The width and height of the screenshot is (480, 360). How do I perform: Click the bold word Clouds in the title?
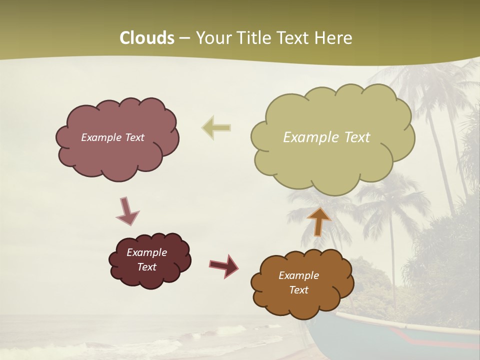(x=147, y=38)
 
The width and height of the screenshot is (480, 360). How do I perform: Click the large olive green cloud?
(x=332, y=160)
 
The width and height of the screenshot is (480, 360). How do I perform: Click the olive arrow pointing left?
(x=216, y=128)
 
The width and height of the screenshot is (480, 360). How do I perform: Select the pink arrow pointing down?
(x=127, y=211)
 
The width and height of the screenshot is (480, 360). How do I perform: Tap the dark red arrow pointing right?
(x=224, y=265)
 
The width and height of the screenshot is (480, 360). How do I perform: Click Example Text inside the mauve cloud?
(x=112, y=137)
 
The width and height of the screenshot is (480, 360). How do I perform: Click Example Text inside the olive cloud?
(x=326, y=137)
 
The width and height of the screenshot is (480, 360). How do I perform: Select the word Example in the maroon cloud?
(x=146, y=252)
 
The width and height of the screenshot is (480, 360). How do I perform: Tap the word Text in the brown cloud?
(x=298, y=290)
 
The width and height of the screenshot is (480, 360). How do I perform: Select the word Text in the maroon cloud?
(x=146, y=267)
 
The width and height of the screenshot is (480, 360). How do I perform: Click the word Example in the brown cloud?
(x=298, y=275)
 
